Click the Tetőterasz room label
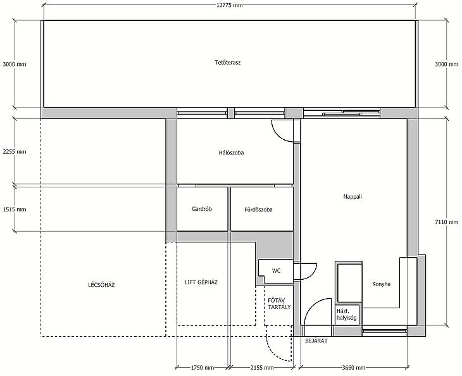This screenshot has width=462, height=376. pos(228,63)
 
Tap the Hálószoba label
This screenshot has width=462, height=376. pos(231,153)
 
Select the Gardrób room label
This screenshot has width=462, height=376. pos(202,209)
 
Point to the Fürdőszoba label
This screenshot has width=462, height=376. pos(258,210)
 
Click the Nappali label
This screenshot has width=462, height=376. pos(353,196)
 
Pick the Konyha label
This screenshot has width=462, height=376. pos(381,284)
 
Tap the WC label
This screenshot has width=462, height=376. pos(276,271)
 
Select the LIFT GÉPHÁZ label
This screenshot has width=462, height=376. pos(201,282)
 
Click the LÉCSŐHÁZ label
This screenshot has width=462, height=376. pos(101,285)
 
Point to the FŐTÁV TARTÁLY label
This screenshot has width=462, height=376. pos(279,303)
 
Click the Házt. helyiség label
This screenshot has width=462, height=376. pos(347,314)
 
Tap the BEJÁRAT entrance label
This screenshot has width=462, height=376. pos(316,341)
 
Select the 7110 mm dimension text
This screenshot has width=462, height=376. pos(447,222)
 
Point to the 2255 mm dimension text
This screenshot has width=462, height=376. pos(15,152)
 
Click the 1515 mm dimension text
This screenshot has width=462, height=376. pos(15,210)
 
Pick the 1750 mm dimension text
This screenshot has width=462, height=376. pos(203,367)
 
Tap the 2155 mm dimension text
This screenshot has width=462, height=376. pos(261,367)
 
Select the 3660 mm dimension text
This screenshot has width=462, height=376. pos(354,367)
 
